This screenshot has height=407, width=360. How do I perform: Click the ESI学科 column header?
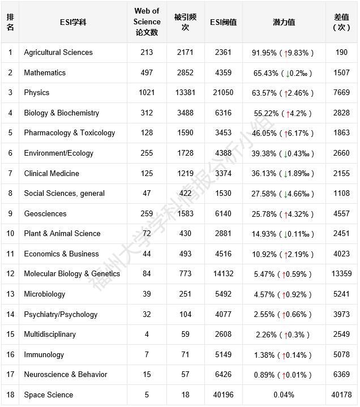click(x=74, y=22)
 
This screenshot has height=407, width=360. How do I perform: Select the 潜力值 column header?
click(x=284, y=22)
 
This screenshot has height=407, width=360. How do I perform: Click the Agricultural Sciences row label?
click(x=58, y=53)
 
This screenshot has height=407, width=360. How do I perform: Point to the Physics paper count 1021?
click(x=147, y=93)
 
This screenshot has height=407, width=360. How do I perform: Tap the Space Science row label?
click(x=49, y=395)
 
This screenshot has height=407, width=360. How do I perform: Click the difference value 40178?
click(x=341, y=395)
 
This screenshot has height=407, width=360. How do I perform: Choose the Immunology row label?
click(x=44, y=355)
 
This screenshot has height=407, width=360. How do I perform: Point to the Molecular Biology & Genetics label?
click(x=72, y=274)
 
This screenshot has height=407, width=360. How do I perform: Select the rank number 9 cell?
click(x=10, y=213)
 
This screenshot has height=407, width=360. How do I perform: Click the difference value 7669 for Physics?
click(x=341, y=93)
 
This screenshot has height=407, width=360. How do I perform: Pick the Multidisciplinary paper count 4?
click(x=147, y=335)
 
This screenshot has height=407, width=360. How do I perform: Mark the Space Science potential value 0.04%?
click(x=284, y=395)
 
